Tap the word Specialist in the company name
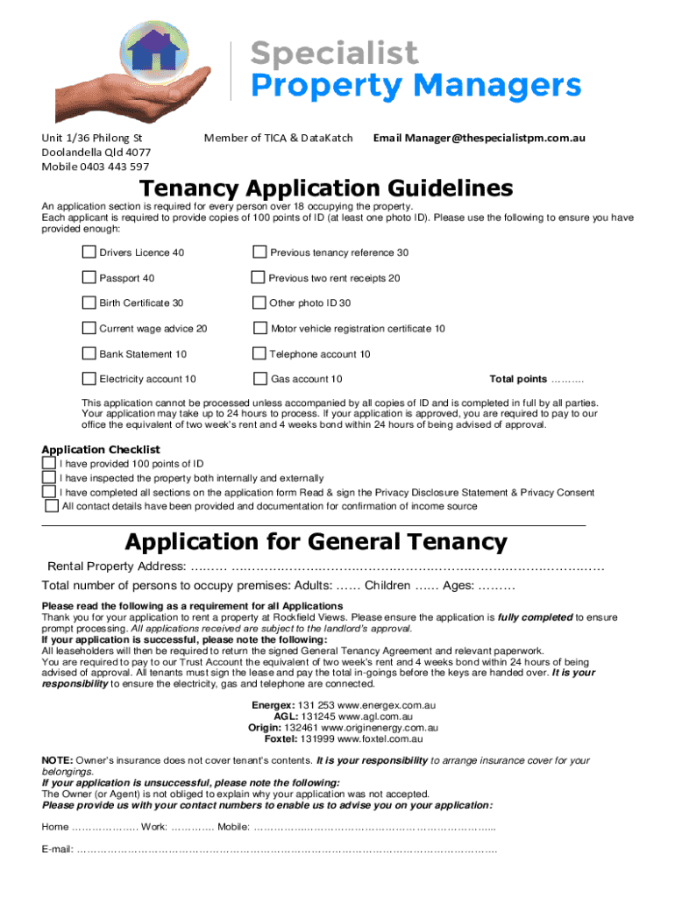[335, 53]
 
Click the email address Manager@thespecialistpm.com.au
[491, 138]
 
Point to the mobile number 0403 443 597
[115, 167]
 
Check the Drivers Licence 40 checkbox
[89, 253]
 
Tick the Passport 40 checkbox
[89, 278]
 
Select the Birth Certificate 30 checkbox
[89, 303]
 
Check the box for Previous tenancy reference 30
[259, 253]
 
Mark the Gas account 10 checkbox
[259, 379]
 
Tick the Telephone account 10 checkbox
[259, 354]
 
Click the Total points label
[518, 379]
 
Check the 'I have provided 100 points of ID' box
[49, 464]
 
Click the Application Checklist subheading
[102, 449]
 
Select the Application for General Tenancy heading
[316, 541]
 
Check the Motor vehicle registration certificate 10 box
[259, 329]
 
